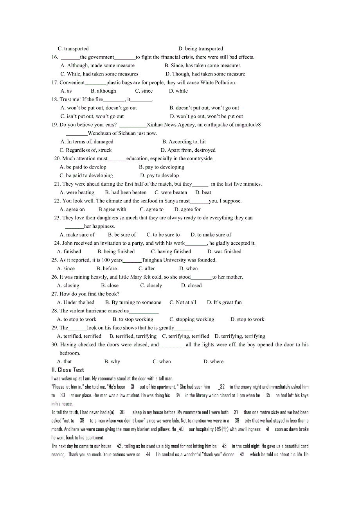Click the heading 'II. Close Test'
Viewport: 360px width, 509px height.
(68, 370)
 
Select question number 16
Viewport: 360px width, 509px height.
(55, 57)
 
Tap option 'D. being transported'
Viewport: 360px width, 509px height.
(200, 49)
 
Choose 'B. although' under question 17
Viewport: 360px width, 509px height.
(103, 91)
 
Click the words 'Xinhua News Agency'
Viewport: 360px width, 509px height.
(171, 125)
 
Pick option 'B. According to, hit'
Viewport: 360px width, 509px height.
(184, 142)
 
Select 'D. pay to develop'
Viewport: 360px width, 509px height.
(159, 176)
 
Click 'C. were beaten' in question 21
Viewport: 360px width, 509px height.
(171, 193)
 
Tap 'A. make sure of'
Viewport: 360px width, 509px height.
(77, 235)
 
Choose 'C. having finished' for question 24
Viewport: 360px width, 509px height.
(171, 252)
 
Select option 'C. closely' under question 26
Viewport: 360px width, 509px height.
(151, 286)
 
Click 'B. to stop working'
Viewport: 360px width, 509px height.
(133, 319)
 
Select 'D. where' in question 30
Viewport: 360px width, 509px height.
(213, 362)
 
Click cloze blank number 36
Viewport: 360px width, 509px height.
(122, 412)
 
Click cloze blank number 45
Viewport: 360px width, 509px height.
(242, 455)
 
